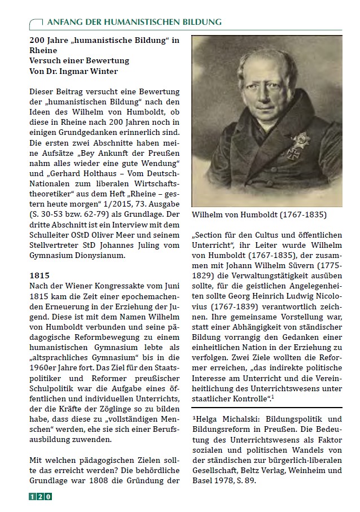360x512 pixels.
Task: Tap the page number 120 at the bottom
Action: click(40, 497)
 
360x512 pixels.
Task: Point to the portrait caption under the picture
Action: click(267, 215)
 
